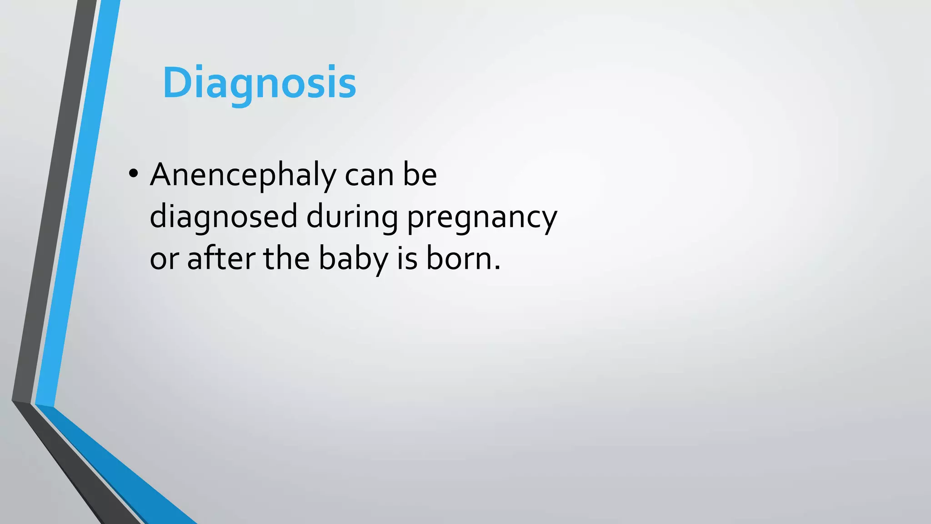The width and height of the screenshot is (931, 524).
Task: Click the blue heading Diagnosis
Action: [x=259, y=83]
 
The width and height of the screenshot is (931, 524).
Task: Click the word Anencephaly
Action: [x=243, y=176]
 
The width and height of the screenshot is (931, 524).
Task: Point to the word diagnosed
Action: [x=223, y=217]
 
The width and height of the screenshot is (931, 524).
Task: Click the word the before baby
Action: [x=286, y=258]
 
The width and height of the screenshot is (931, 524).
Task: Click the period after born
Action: [x=497, y=267]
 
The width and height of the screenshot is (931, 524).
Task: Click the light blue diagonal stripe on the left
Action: [x=77, y=205]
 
